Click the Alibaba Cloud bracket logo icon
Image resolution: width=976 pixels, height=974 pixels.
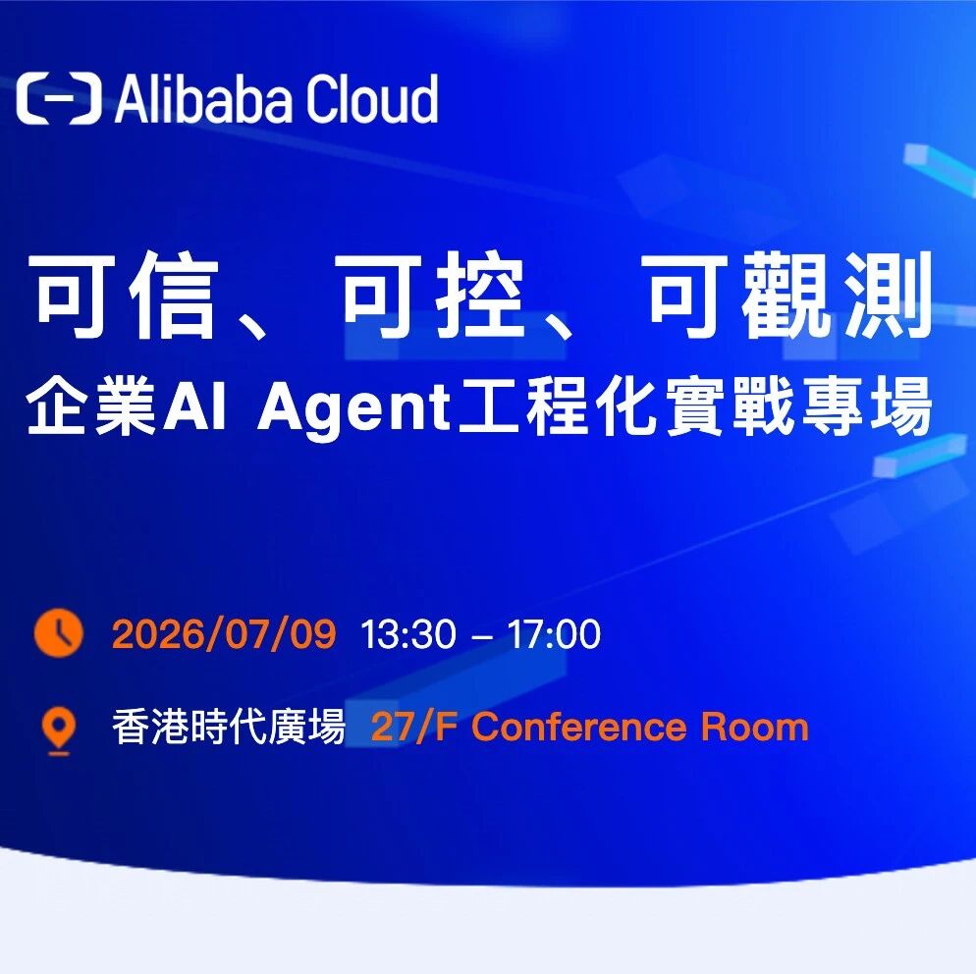(x=59, y=98)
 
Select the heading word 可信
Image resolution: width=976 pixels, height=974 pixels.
(x=126, y=295)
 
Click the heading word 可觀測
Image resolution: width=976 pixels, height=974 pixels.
(x=789, y=295)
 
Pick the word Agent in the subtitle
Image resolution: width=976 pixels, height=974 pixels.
(x=354, y=408)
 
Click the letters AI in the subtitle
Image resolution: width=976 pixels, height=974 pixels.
(x=194, y=407)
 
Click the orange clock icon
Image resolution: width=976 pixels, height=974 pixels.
(x=59, y=633)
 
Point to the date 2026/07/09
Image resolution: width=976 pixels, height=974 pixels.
(x=224, y=634)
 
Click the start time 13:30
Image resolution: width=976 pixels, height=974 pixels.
(x=408, y=634)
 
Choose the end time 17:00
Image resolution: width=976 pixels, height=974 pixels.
(x=554, y=634)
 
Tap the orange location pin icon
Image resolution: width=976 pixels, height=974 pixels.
(x=59, y=730)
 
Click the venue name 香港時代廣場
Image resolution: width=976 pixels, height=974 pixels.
(x=229, y=727)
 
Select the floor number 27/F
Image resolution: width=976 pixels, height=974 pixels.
(x=414, y=727)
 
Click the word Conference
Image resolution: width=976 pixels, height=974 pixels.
(x=579, y=727)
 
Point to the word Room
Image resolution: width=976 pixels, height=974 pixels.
(x=754, y=727)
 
